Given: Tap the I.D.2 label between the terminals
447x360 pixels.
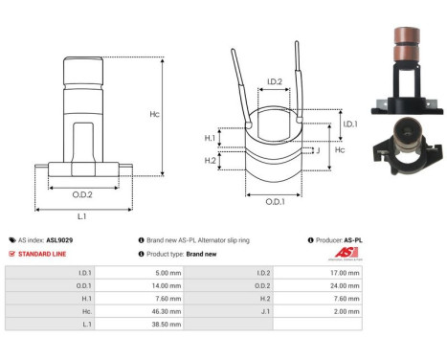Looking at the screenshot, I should (272, 82).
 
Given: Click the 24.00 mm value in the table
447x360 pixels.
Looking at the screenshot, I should (339, 284).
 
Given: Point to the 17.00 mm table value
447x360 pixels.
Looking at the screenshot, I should (339, 271).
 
